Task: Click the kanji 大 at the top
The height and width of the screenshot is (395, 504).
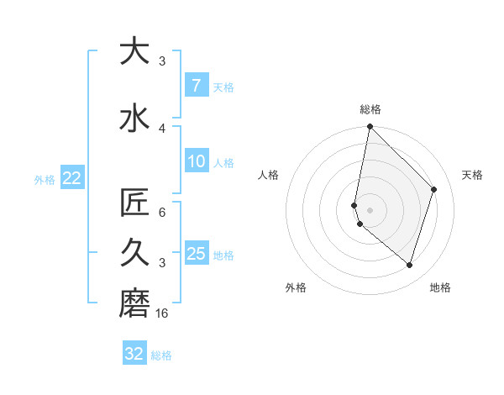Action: pos(134,52)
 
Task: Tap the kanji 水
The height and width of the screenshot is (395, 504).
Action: pos(134,117)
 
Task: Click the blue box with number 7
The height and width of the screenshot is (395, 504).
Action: pos(196,86)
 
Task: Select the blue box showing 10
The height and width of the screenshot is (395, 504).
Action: pos(196,161)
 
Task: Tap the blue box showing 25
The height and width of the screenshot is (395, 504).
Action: pos(196,254)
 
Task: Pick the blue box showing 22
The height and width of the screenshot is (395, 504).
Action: pos(71,178)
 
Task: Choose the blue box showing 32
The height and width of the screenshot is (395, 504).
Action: pos(134,354)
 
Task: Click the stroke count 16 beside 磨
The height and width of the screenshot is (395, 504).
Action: pos(163,313)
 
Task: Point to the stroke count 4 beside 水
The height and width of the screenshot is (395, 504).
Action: pos(162,128)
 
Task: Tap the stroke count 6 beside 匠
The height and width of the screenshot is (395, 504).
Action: pos(162,213)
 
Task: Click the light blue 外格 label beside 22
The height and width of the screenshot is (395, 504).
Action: pos(45,179)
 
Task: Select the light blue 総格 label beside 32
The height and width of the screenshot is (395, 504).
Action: pos(161,355)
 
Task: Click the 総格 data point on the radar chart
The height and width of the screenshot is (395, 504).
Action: pos(370,127)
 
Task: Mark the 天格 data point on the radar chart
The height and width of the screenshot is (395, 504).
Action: pos(433,189)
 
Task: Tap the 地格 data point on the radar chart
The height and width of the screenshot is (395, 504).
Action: pos(409,265)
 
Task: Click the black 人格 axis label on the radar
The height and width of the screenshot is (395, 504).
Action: pos(269,175)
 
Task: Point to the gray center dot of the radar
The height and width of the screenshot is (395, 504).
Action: pos(370,209)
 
